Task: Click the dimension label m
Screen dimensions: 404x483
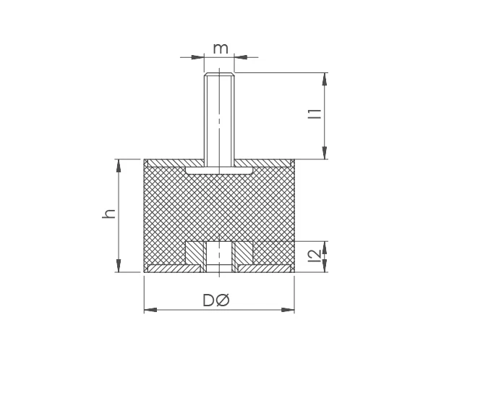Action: (221, 49)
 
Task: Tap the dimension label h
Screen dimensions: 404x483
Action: (109, 214)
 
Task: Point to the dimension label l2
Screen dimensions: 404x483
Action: (314, 256)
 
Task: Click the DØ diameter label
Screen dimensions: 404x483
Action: (215, 300)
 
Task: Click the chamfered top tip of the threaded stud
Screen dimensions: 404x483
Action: (219, 74)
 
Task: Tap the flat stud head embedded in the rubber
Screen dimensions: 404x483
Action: (219, 170)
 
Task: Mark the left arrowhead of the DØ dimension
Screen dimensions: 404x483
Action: (149, 310)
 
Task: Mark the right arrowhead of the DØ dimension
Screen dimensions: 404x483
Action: (289, 310)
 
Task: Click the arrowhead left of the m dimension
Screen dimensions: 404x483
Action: (199, 56)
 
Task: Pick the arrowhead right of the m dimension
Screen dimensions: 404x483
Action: (241, 56)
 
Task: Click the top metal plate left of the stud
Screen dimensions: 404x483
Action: (174, 162)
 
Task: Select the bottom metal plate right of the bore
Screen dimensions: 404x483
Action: (265, 269)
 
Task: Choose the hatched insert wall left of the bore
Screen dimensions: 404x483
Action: (195, 253)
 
